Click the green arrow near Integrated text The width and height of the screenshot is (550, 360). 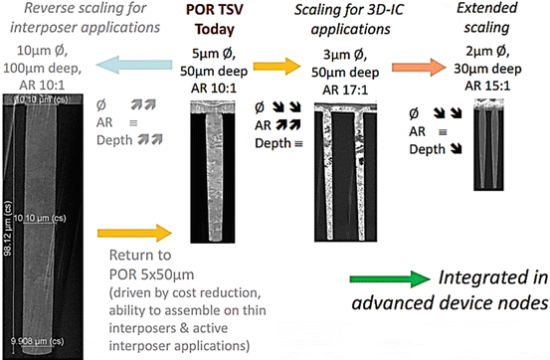[392, 282]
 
